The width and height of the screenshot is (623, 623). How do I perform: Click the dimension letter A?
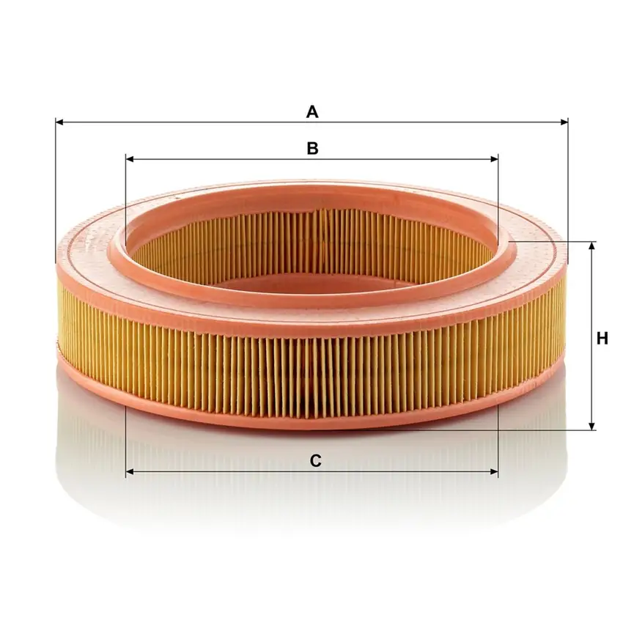[x=312, y=112]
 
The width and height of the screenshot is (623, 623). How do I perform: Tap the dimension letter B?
[x=313, y=148]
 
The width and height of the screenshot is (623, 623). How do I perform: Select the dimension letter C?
[x=315, y=461]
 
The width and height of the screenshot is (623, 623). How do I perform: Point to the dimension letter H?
[x=602, y=339]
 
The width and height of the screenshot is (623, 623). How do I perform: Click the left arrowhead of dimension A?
[x=59, y=122]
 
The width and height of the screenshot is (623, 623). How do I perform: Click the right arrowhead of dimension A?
[x=564, y=122]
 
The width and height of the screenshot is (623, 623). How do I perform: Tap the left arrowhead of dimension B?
[x=130, y=159]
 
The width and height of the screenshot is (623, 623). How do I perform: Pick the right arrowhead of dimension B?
[x=494, y=159]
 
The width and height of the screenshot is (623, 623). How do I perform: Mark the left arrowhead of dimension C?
[x=130, y=472]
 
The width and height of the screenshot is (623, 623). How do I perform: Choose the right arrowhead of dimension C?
[x=494, y=472]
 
